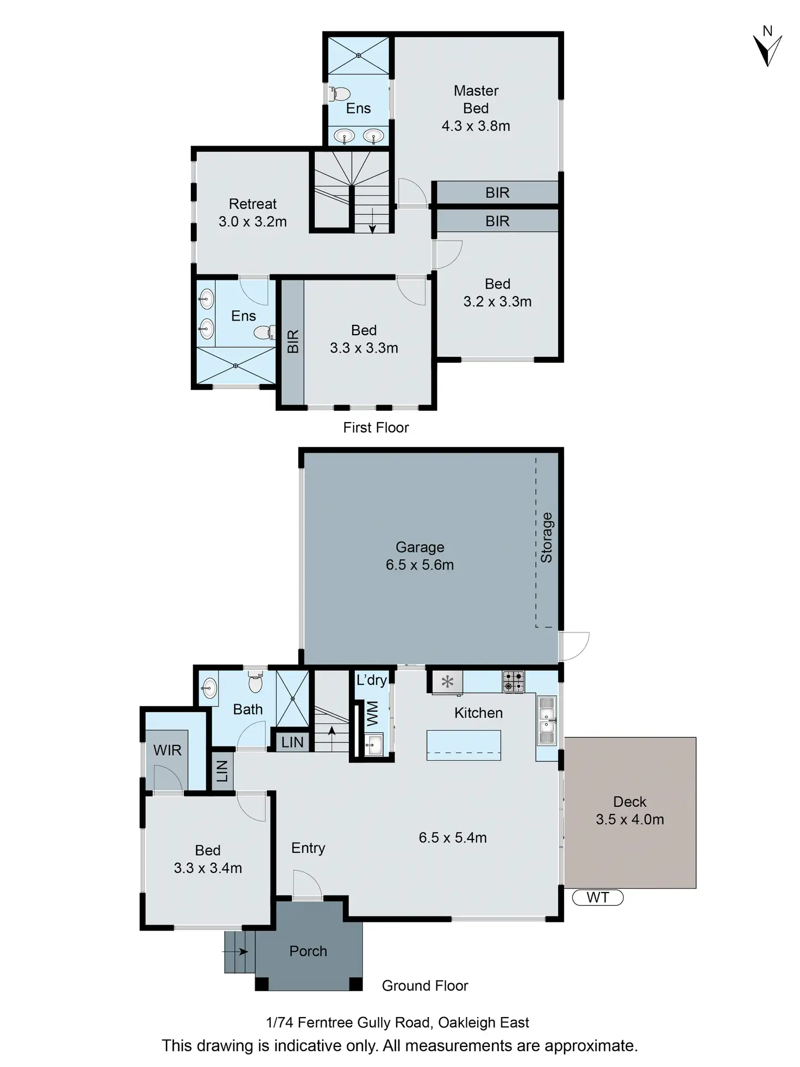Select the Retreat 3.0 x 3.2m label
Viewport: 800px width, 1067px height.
[252, 212]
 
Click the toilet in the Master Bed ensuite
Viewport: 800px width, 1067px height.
[339, 94]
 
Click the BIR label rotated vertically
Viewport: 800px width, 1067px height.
[292, 341]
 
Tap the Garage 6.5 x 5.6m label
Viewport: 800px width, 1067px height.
[420, 556]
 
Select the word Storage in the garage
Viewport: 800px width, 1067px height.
[546, 537]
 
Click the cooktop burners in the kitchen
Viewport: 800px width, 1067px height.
[513, 681]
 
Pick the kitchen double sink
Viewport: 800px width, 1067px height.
[547, 720]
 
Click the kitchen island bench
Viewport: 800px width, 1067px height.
[463, 745]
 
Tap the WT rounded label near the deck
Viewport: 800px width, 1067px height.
[597, 897]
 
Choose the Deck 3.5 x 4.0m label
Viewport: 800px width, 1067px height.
[629, 810]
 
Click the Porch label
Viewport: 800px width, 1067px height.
[308, 951]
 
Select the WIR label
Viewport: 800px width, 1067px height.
[167, 750]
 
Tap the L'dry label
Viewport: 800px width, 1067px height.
[371, 680]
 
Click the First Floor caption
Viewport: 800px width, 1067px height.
[376, 428]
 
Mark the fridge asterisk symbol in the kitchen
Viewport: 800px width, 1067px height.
[447, 681]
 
